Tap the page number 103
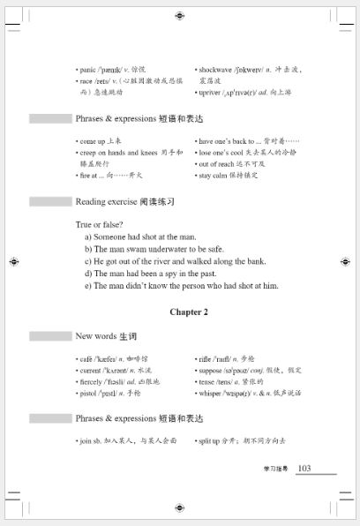[x=304, y=468]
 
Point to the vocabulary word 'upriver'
[x=211, y=92]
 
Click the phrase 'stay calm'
[x=217, y=176]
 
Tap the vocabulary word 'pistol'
[x=88, y=394]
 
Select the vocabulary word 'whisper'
[x=215, y=394]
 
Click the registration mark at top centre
[x=180, y=16]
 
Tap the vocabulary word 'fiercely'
[x=93, y=382]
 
